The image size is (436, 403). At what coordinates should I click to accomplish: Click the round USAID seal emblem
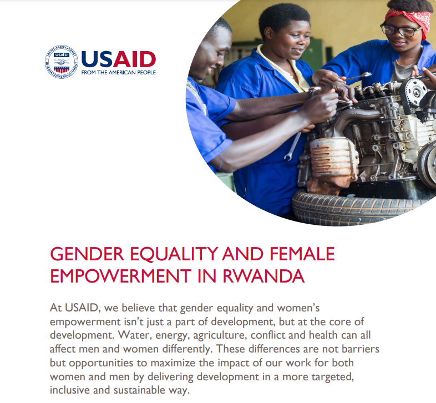[61, 61]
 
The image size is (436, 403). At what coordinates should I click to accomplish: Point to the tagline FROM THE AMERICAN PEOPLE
[118, 73]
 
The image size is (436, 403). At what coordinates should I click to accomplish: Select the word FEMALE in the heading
[302, 254]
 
